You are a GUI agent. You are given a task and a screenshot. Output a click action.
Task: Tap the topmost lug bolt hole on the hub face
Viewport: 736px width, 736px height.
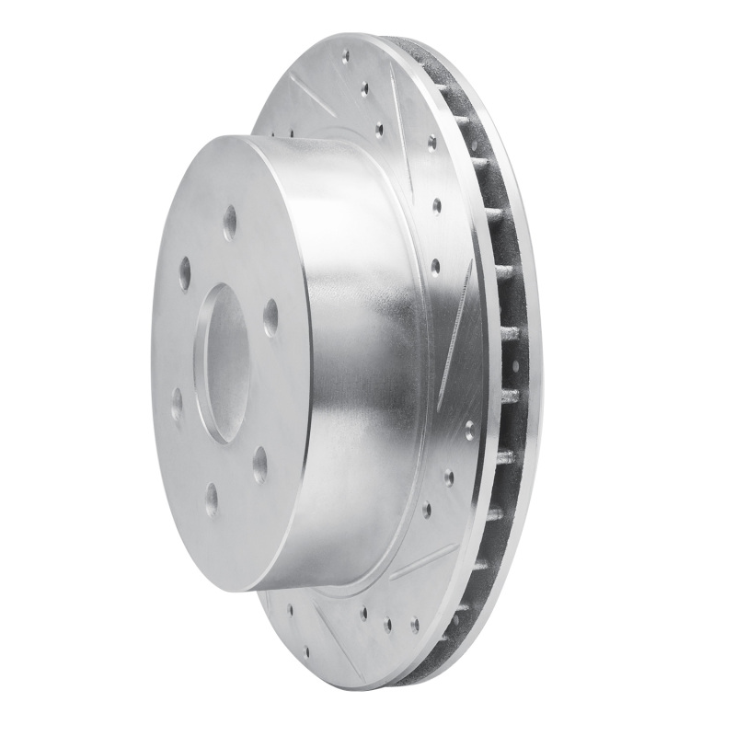pyautogui.click(x=230, y=223)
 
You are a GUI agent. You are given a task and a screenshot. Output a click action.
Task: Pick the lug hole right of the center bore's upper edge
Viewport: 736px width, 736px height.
pyautogui.click(x=270, y=316)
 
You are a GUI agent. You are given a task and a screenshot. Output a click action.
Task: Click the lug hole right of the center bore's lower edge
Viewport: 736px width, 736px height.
pyautogui.click(x=260, y=465)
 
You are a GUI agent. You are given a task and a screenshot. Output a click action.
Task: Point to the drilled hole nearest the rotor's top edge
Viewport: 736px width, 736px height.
pyautogui.click(x=346, y=56)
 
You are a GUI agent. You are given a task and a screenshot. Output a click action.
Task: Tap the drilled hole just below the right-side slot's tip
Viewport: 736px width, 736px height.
pyautogui.click(x=469, y=429)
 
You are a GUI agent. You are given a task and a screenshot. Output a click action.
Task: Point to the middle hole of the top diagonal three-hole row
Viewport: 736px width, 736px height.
pyautogui.click(x=364, y=90)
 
